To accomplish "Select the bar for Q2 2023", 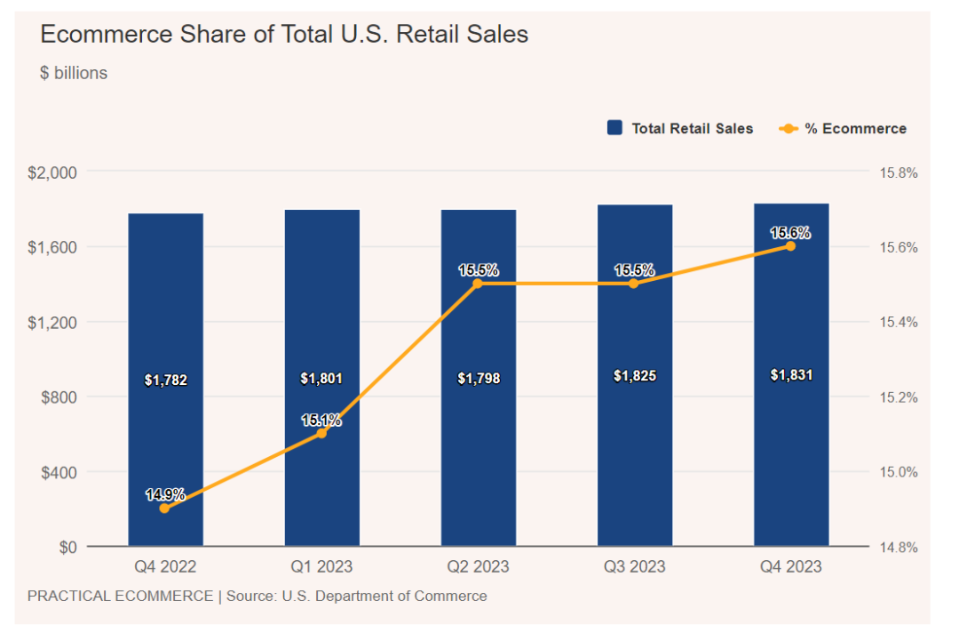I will [x=479, y=445].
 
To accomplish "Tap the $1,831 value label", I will [x=791, y=375].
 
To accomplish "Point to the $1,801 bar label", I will [x=321, y=379].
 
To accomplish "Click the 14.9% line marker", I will [x=164, y=509].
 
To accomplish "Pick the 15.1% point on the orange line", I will [x=321, y=433].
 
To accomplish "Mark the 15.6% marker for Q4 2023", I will [x=790, y=246].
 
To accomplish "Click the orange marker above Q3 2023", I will [x=633, y=284].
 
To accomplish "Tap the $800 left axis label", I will [x=59, y=397].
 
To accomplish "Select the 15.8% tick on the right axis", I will [x=898, y=172].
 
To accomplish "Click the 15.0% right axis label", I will [x=898, y=472].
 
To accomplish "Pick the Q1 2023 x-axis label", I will [x=321, y=566].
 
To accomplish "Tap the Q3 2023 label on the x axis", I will [x=633, y=566].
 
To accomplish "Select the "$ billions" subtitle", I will [x=74, y=73].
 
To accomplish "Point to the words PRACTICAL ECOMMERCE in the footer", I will [x=120, y=596].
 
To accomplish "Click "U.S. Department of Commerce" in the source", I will [x=384, y=596].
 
